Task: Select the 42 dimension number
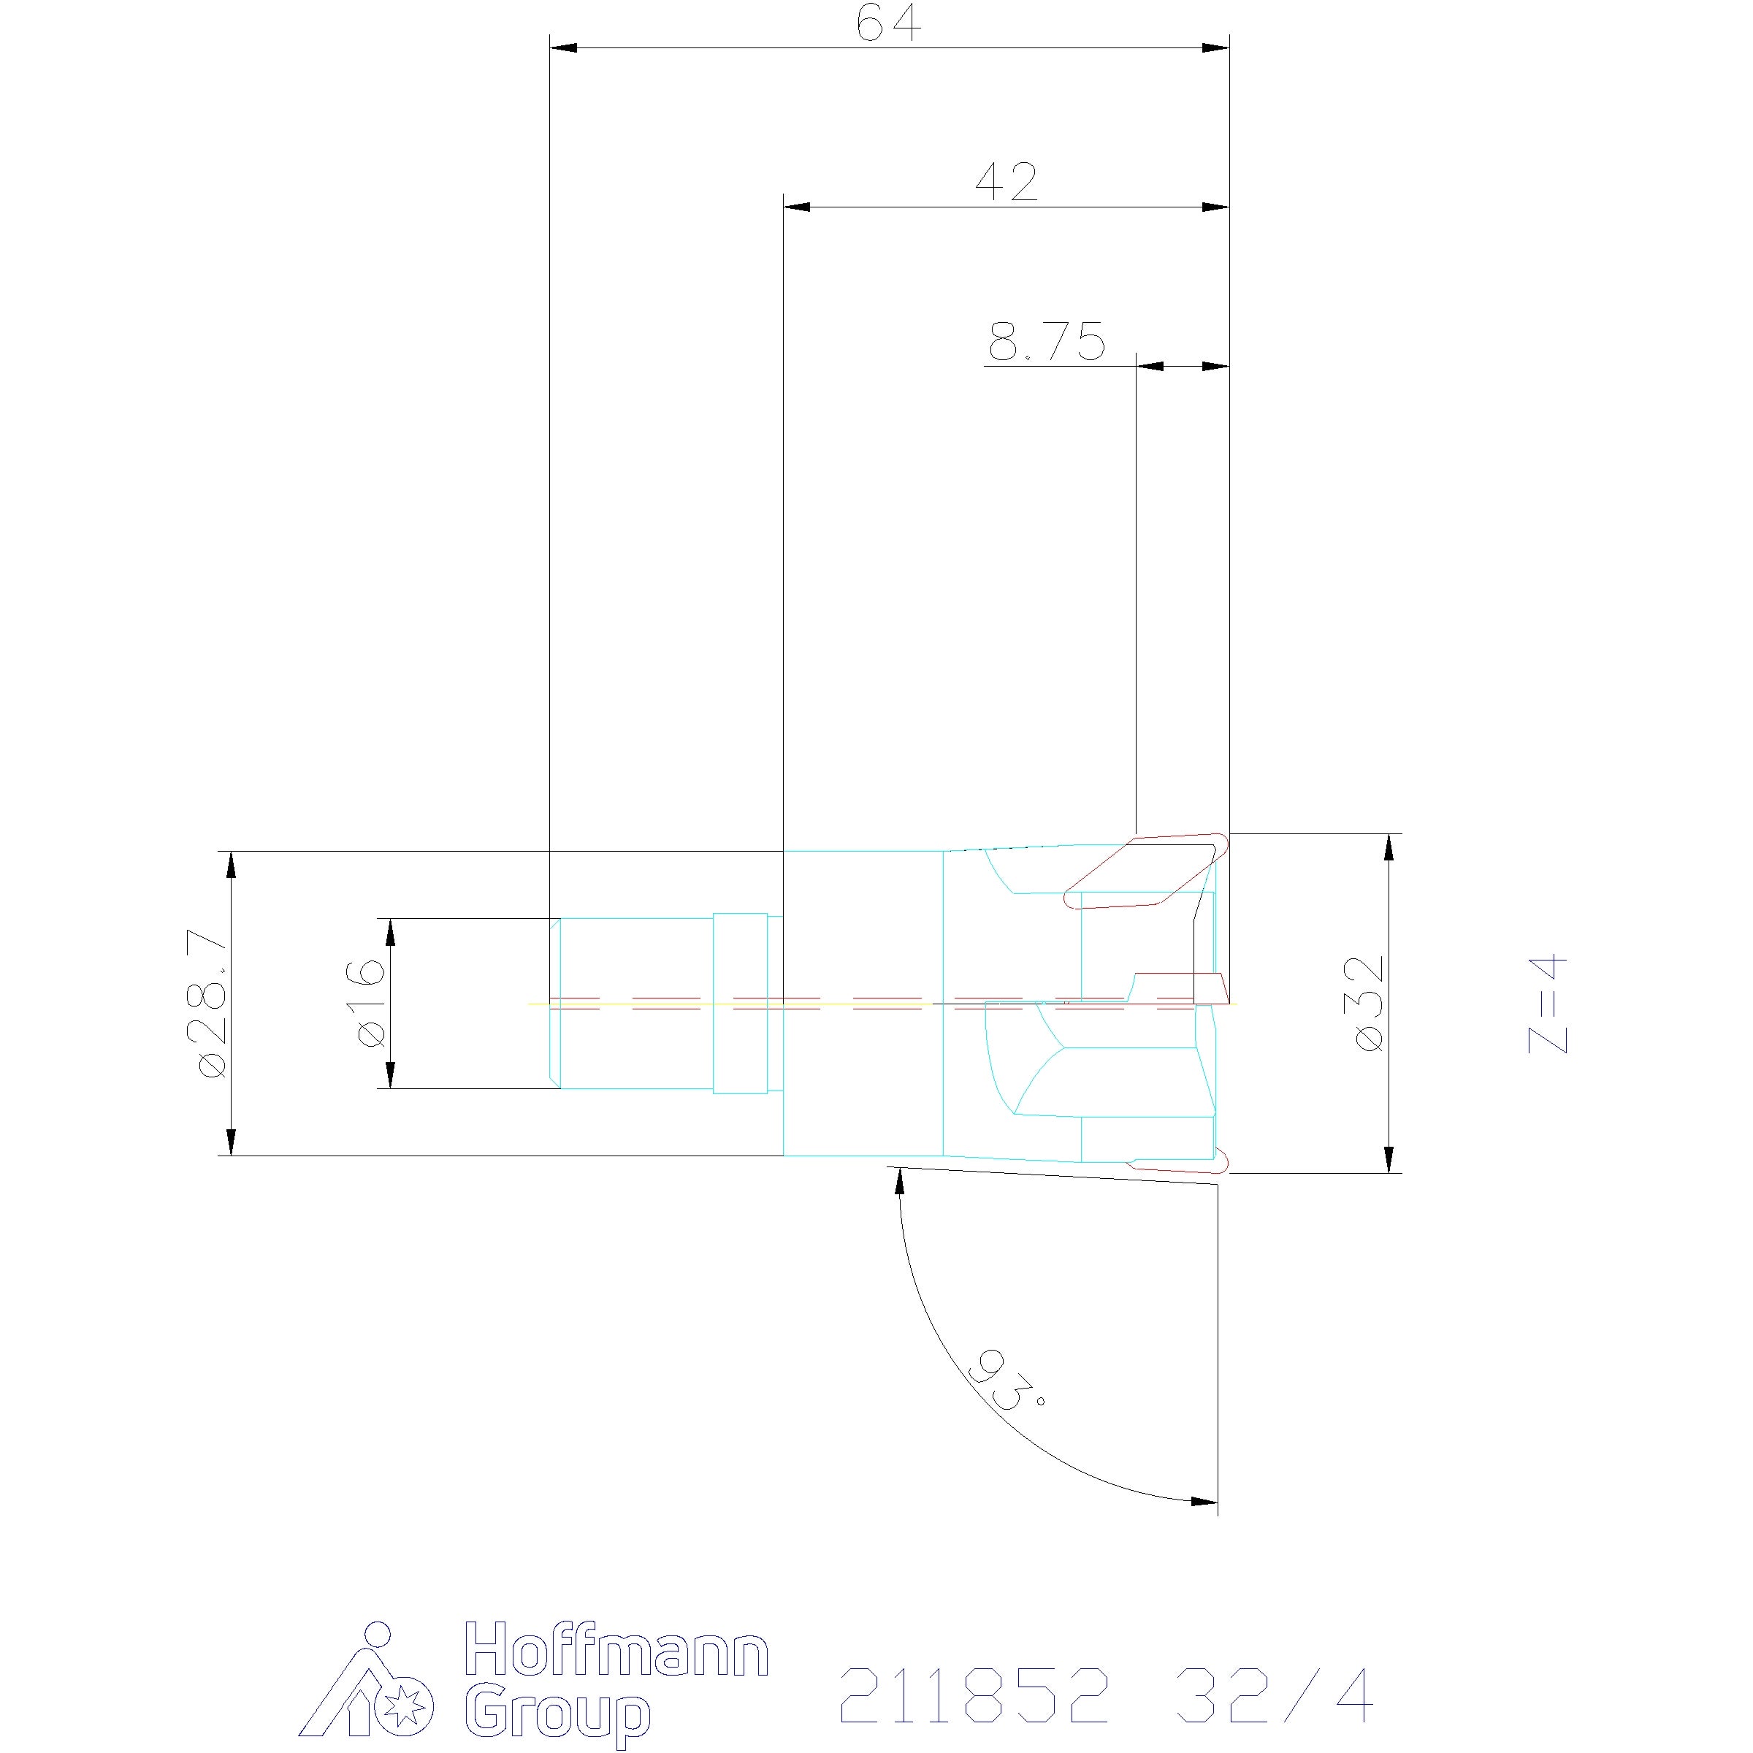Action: tap(1007, 183)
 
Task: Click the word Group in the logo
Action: tap(558, 1708)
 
